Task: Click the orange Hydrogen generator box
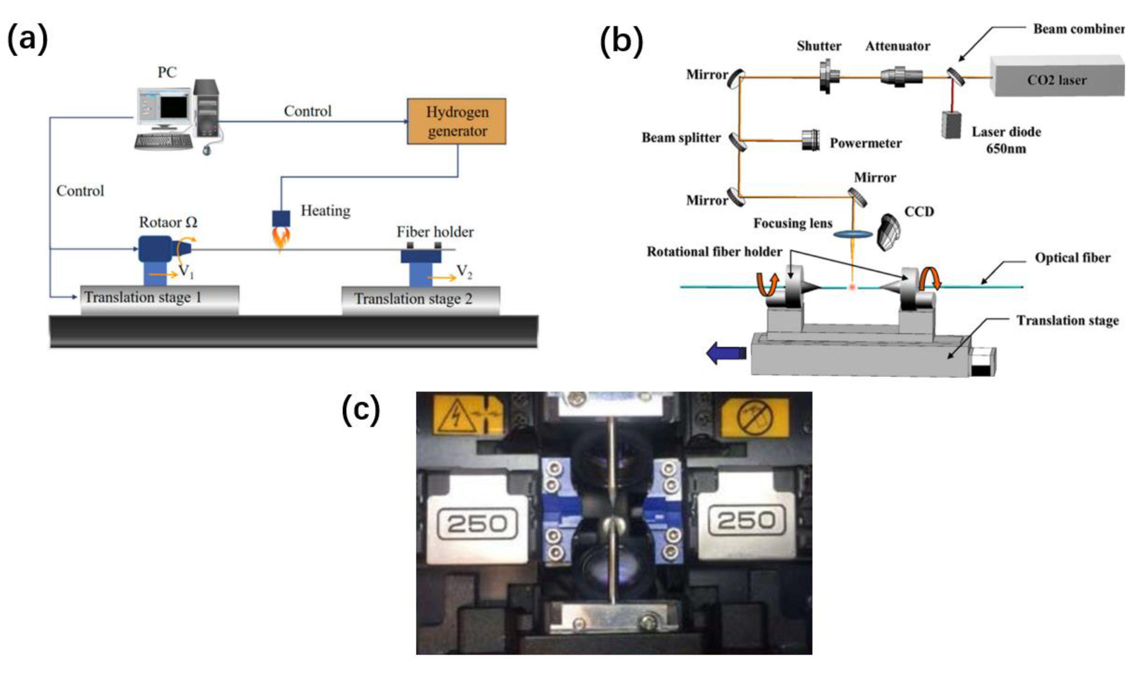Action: (456, 121)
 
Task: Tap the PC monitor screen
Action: (173, 108)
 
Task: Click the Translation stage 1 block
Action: (159, 299)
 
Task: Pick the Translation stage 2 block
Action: (421, 300)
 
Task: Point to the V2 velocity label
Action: (464, 272)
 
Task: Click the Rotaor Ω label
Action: (168, 222)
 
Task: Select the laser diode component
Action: (951, 124)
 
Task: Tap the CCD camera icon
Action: (888, 232)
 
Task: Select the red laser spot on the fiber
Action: (852, 287)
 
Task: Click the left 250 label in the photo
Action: (477, 524)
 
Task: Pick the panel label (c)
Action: (361, 410)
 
